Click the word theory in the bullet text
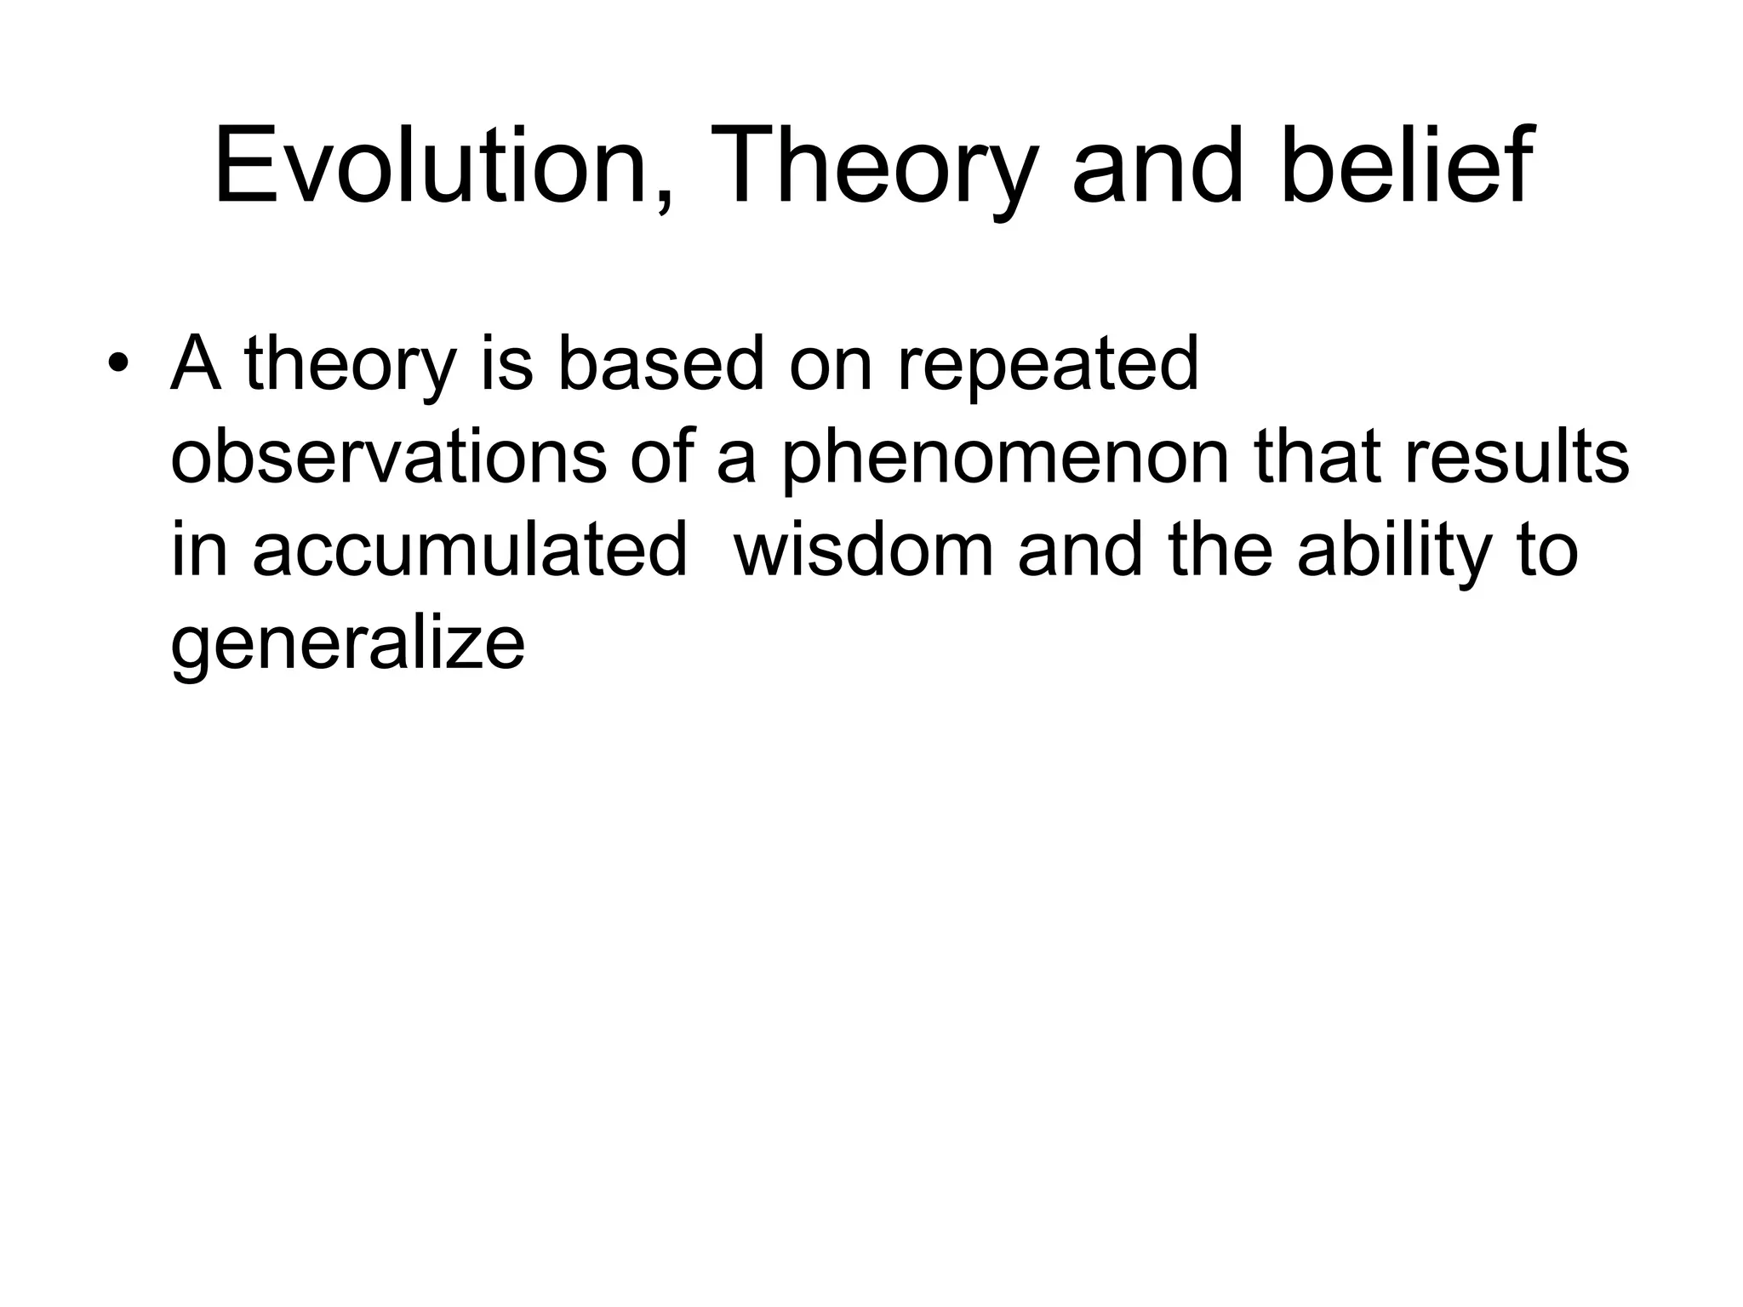click(x=350, y=366)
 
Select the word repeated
click(x=1048, y=366)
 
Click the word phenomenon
click(x=1004, y=459)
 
